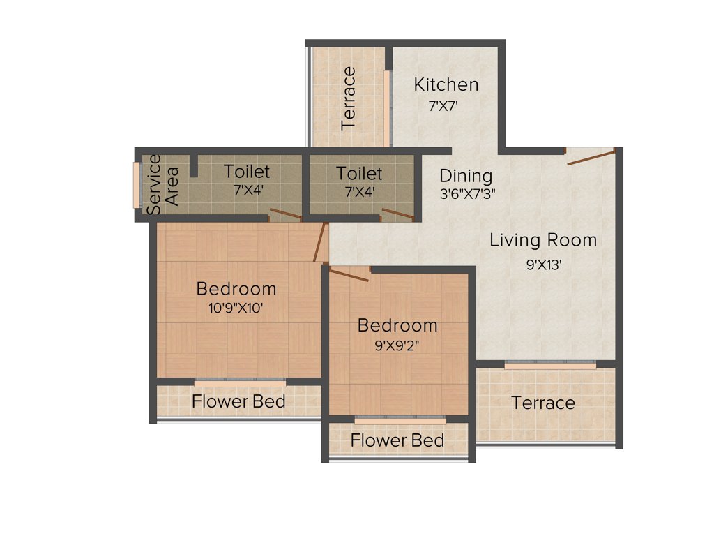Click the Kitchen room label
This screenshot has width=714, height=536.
click(446, 85)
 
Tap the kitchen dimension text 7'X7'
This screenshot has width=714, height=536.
click(443, 107)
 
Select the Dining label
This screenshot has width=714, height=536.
click(465, 176)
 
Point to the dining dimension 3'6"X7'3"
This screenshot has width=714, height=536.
click(467, 194)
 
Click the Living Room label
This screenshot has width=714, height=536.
click(543, 241)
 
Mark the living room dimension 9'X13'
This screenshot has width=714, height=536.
click(544, 265)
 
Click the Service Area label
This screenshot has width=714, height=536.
click(162, 184)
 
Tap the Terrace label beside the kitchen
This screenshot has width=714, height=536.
click(349, 98)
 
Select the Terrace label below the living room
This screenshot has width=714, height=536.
click(543, 403)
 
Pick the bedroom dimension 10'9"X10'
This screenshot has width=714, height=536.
click(236, 308)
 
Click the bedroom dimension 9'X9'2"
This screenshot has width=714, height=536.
click(397, 344)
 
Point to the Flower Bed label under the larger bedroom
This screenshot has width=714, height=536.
click(238, 401)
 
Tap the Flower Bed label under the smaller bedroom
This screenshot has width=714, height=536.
click(397, 440)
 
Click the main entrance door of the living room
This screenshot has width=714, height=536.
click(591, 156)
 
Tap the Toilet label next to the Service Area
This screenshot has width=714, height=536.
click(246, 171)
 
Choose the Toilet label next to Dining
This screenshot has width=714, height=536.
click(359, 172)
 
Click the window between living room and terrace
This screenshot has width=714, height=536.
click(550, 364)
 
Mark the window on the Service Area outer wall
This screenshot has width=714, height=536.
click(137, 185)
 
